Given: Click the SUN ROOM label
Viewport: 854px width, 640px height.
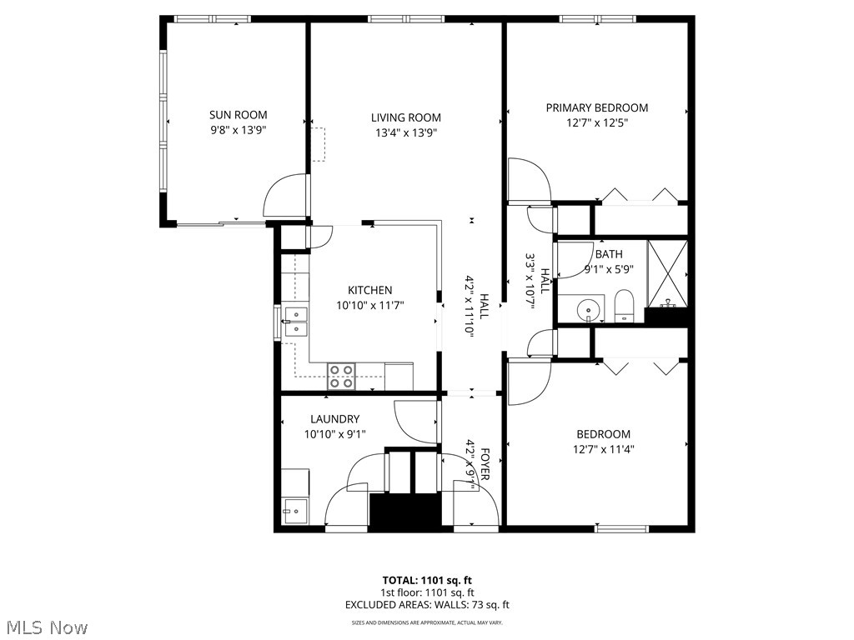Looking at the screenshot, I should tap(238, 115).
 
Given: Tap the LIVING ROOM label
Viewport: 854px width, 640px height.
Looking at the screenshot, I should tap(406, 117).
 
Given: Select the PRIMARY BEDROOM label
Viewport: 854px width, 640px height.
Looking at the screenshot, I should tap(596, 107).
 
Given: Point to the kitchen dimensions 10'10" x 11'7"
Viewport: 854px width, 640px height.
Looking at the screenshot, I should tap(369, 305).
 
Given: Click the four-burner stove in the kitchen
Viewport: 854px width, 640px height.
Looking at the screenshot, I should tap(340, 377).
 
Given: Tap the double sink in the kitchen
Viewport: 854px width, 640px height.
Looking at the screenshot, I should tap(295, 322).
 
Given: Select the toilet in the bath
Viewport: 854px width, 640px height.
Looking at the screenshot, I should tap(624, 306).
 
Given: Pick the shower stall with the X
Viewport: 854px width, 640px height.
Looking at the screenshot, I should tap(668, 270).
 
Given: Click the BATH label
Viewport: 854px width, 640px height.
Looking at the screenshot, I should tap(608, 254).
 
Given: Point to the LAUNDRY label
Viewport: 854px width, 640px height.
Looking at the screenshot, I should tap(334, 419).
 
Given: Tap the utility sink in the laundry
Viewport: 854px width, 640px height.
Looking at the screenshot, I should tap(293, 511).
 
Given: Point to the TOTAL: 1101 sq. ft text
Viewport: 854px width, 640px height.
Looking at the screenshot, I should tap(427, 580).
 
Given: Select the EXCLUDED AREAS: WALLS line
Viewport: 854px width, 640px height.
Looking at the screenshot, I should tap(427, 605).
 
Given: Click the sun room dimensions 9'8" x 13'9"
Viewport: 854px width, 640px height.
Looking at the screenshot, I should tap(238, 130).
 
